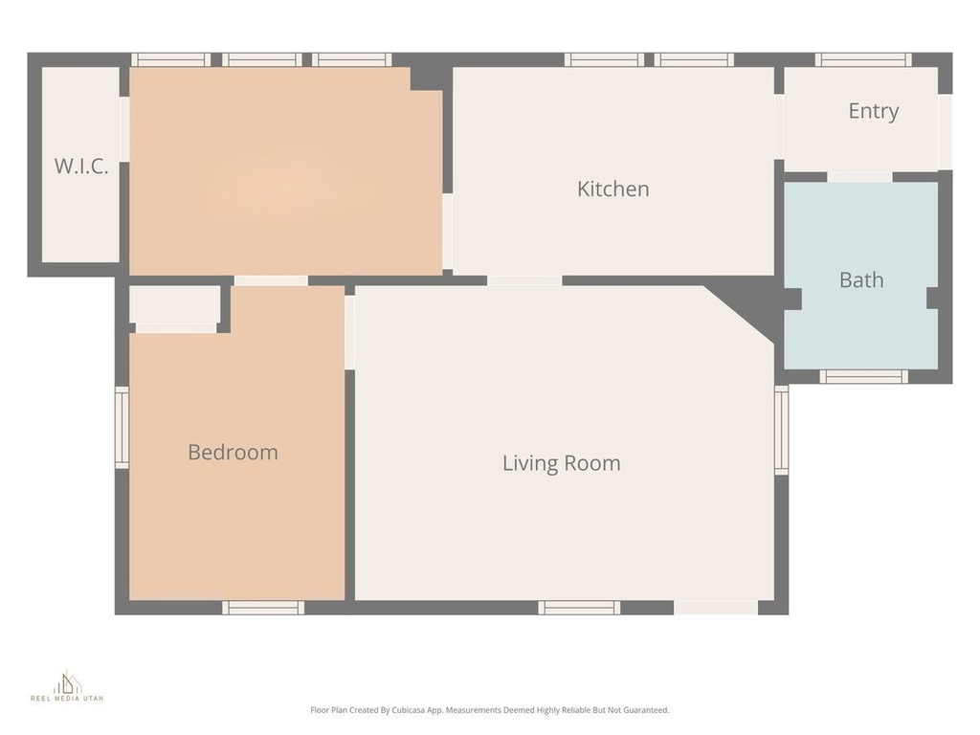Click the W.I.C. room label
80,166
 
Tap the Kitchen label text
612,189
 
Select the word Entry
873,111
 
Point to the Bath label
860,280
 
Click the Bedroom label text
233,452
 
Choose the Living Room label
561,463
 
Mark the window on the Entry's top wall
862,59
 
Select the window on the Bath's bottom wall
863,376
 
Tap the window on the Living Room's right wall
781,430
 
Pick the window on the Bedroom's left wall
122,427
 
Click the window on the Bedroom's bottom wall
263,608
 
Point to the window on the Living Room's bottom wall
579,608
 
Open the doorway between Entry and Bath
859,177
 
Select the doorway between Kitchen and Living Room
523,280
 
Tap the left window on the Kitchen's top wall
603,59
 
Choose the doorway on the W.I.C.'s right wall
124,128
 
